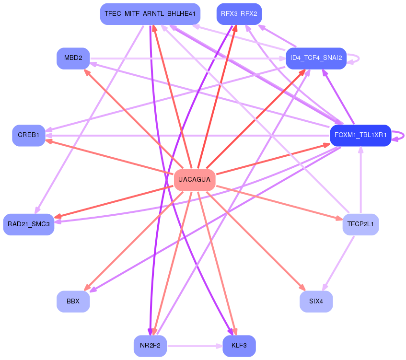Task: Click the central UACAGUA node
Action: click(x=195, y=180)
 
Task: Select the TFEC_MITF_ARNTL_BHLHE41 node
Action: click(x=150, y=14)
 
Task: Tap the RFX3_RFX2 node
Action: click(x=239, y=14)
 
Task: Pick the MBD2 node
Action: click(x=73, y=58)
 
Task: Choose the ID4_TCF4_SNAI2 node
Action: click(x=316, y=58)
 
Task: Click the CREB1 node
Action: click(x=29, y=136)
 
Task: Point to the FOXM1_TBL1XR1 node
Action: click(x=360, y=136)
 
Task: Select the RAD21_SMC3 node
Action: click(x=29, y=224)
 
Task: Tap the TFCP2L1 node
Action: click(x=360, y=224)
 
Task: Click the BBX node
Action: click(x=73, y=302)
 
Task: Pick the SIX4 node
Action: click(x=316, y=302)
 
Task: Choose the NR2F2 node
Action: click(x=150, y=346)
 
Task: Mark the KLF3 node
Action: click(x=239, y=346)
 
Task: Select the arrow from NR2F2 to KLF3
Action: click(x=195, y=346)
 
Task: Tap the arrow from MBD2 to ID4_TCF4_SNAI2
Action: click(x=188, y=58)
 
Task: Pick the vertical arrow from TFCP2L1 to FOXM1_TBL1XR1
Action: click(x=360, y=180)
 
